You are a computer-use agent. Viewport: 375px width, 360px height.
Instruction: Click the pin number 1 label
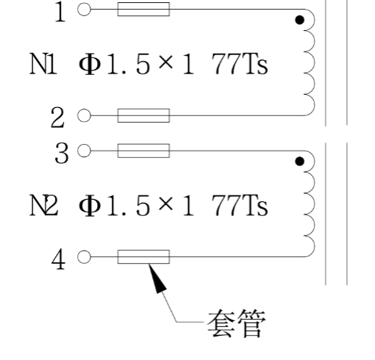(x=60, y=12)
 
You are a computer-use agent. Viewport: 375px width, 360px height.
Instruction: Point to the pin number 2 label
(x=57, y=118)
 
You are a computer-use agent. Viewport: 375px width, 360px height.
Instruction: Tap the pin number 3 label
(x=61, y=153)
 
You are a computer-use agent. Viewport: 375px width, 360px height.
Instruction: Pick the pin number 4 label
(x=58, y=259)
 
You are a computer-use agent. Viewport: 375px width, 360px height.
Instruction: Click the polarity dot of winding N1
(x=300, y=20)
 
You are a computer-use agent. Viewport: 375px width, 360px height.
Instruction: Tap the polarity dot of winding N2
(x=300, y=162)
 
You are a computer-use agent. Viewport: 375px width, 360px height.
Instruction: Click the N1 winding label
(x=43, y=64)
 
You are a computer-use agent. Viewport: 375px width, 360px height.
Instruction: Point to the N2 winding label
(x=44, y=205)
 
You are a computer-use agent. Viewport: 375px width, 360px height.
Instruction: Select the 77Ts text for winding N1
(x=240, y=64)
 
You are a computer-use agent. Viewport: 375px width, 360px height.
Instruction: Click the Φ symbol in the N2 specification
(x=90, y=206)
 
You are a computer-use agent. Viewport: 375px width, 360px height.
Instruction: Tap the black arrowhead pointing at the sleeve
(x=156, y=278)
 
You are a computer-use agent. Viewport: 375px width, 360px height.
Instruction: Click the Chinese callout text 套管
(x=237, y=323)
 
